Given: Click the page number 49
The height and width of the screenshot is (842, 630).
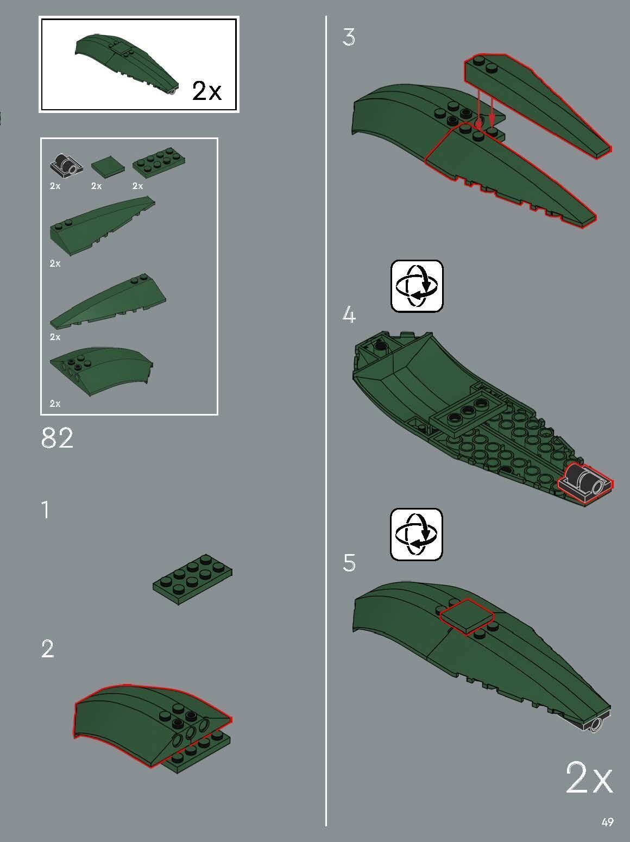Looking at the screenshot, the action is [x=607, y=822].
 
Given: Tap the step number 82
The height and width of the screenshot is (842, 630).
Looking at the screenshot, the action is [x=56, y=438].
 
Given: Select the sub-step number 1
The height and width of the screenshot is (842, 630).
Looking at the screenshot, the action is [x=46, y=510].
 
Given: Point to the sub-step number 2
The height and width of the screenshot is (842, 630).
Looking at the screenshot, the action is [x=48, y=649].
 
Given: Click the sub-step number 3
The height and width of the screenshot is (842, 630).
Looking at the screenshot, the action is [x=349, y=37].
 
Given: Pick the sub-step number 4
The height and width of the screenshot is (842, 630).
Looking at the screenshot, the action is [x=349, y=315].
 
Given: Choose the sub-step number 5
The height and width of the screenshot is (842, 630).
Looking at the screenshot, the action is [x=349, y=563].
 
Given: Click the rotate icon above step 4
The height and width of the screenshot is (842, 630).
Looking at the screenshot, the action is [x=417, y=286].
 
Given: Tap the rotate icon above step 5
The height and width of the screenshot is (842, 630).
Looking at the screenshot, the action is [x=417, y=535].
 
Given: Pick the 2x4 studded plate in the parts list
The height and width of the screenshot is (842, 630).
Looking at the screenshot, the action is [x=159, y=162].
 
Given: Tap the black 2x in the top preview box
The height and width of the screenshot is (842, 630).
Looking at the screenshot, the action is [x=207, y=91].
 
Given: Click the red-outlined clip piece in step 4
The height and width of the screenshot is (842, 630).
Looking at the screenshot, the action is [x=585, y=483].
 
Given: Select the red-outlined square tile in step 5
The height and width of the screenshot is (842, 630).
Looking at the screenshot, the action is [x=467, y=617].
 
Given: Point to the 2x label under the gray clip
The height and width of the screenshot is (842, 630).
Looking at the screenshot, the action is [x=55, y=186].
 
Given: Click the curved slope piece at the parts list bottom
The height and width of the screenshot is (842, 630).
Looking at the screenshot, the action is [x=102, y=370].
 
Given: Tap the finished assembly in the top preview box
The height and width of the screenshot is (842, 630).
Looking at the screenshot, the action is [x=127, y=64].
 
